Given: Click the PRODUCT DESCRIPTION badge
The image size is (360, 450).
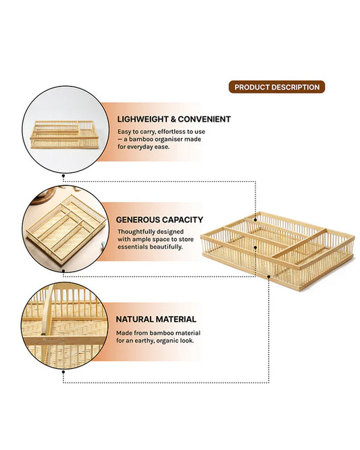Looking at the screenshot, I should pyautogui.click(x=276, y=87).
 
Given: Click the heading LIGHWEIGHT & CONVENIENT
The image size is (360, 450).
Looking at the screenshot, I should pyautogui.click(x=174, y=119).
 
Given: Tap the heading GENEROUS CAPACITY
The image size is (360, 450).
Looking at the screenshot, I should pyautogui.click(x=159, y=220).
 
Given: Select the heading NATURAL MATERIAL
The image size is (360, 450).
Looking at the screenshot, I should pyautogui.click(x=156, y=319).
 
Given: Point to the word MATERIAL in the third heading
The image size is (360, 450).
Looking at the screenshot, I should pyautogui.click(x=175, y=319).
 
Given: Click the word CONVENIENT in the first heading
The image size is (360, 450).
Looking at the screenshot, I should pyautogui.click(x=205, y=119).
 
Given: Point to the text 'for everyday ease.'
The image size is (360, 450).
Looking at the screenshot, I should pyautogui.click(x=143, y=147).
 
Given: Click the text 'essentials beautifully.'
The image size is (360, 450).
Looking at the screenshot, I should pyautogui.click(x=149, y=247).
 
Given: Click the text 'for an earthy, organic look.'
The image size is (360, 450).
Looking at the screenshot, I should pyautogui.click(x=157, y=341).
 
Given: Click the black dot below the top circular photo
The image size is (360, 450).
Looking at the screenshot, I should pyautogui.click(x=63, y=174).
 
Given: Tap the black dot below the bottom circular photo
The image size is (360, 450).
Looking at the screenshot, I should pyautogui.click(x=63, y=372).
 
